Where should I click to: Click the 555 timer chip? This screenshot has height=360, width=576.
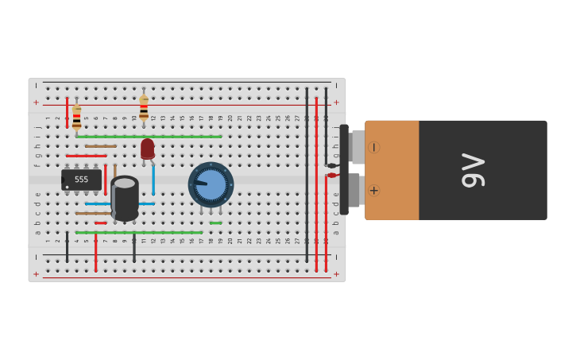[82, 180]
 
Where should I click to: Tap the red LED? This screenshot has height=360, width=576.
[148, 149]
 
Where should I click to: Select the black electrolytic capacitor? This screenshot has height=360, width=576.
[125, 199]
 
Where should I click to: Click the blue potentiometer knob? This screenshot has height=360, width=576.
[211, 184]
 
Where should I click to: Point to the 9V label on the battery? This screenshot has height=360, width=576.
[474, 170]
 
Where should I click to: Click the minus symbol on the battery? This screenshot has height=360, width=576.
[373, 147]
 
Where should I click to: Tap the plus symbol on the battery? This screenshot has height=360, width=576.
[373, 191]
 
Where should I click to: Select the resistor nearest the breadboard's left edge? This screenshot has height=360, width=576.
[76, 117]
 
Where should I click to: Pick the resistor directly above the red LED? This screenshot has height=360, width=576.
[144, 108]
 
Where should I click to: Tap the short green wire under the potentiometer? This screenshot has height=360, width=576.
[216, 223]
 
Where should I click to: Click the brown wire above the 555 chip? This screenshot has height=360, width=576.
[101, 146]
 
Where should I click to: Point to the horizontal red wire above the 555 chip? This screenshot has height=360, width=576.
[86, 156]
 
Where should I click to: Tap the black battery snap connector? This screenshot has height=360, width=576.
[345, 170]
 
